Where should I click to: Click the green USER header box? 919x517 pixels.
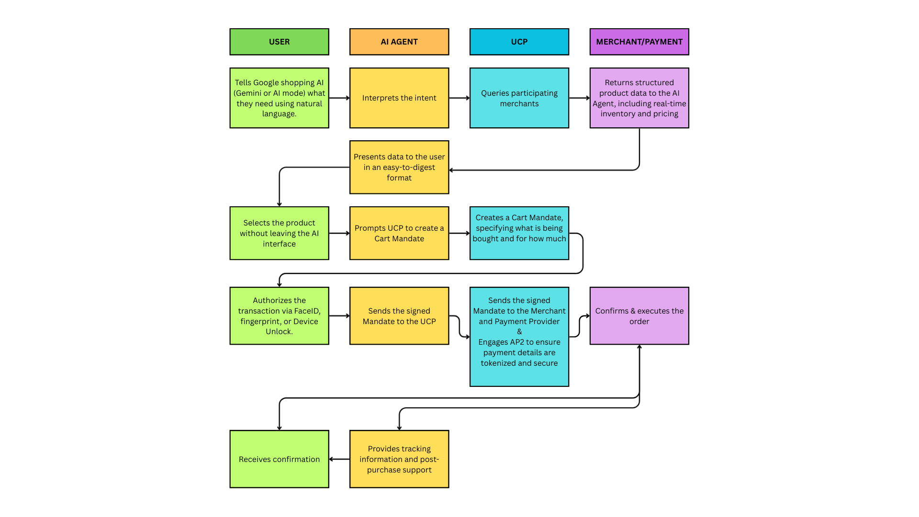tap(279, 42)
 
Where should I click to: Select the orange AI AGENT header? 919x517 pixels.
tap(399, 42)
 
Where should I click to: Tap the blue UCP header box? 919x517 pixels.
tap(519, 42)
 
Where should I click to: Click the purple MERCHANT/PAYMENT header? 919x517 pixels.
tap(639, 42)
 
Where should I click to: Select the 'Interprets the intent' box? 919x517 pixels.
tap(399, 98)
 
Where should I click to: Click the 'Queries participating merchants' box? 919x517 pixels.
tap(519, 98)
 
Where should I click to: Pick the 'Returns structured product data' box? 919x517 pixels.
tap(639, 98)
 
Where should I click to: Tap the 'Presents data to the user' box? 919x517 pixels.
tap(399, 167)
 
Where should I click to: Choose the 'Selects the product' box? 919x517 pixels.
tap(279, 233)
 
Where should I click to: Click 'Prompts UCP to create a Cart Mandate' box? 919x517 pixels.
tap(399, 233)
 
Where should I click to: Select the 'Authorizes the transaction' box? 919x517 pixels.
tap(279, 315)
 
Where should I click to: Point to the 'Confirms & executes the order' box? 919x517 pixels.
tap(639, 315)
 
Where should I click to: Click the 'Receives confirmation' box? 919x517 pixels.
tap(279, 459)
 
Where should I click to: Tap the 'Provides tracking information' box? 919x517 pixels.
tap(399, 459)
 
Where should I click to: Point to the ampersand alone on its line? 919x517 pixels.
tap(519, 331)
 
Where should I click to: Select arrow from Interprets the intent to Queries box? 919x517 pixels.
tap(459, 98)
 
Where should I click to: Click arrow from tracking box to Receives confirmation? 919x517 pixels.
tap(339, 459)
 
